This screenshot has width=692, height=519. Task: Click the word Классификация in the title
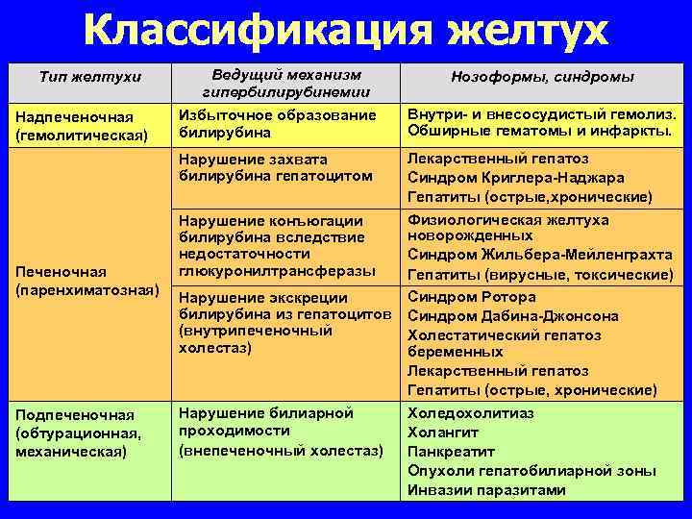pyautogui.click(x=259, y=31)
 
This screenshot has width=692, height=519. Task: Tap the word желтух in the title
pyautogui.click(x=528, y=31)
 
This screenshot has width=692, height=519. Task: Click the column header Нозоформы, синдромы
pyautogui.click(x=542, y=76)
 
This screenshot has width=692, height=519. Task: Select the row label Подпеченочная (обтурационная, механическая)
pyautogui.click(x=79, y=432)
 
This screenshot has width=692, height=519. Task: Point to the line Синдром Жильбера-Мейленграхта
pyautogui.click(x=540, y=256)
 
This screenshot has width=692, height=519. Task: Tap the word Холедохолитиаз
pyautogui.click(x=470, y=413)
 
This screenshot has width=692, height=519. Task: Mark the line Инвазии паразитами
pyautogui.click(x=486, y=490)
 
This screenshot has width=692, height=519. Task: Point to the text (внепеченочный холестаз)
pyautogui.click(x=281, y=451)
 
